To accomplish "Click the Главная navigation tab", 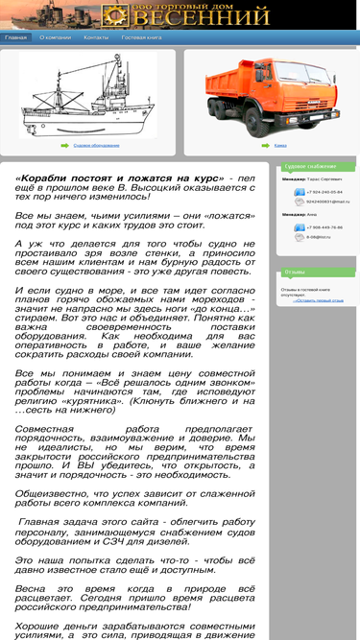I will click(x=15, y=37).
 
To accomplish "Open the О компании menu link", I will click(x=56, y=37).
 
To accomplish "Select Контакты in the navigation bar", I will click(x=96, y=37).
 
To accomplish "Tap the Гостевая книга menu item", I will click(x=141, y=37).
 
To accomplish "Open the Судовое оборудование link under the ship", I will click(x=96, y=145).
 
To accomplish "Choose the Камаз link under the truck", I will click(x=280, y=145).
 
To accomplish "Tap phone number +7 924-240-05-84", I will click(x=324, y=192).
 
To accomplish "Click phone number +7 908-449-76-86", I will click(x=324, y=227).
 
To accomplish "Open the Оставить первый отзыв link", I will click(x=319, y=300).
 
